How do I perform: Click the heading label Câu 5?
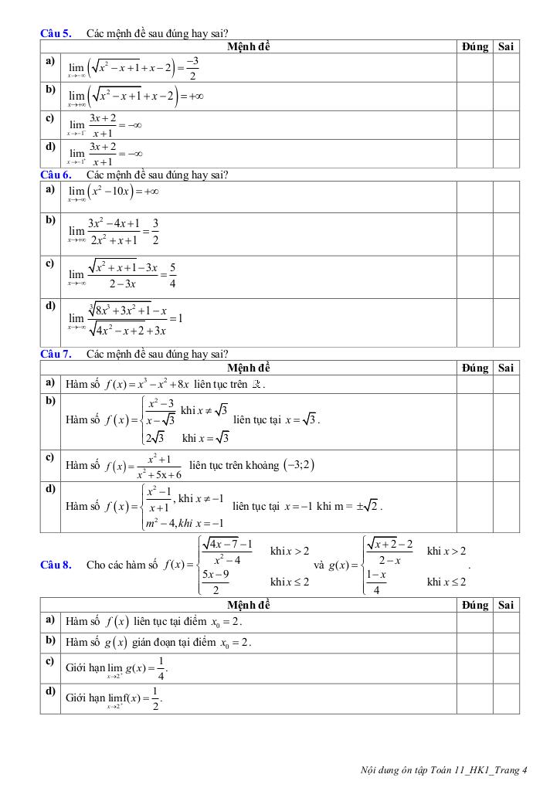[56, 33]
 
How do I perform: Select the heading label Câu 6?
[56, 175]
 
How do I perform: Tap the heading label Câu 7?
[56, 355]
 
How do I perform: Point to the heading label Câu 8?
[56, 565]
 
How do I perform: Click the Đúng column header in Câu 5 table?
[475, 46]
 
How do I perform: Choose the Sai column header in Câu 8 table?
[506, 605]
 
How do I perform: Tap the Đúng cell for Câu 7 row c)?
[475, 465]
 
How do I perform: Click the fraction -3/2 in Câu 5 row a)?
[192, 68]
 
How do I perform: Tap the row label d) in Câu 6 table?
[50, 305]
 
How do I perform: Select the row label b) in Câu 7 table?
[50, 400]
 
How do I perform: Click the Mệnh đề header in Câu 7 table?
[249, 368]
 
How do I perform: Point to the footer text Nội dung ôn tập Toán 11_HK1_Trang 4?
[443, 769]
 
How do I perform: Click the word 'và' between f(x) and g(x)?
[319, 565]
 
